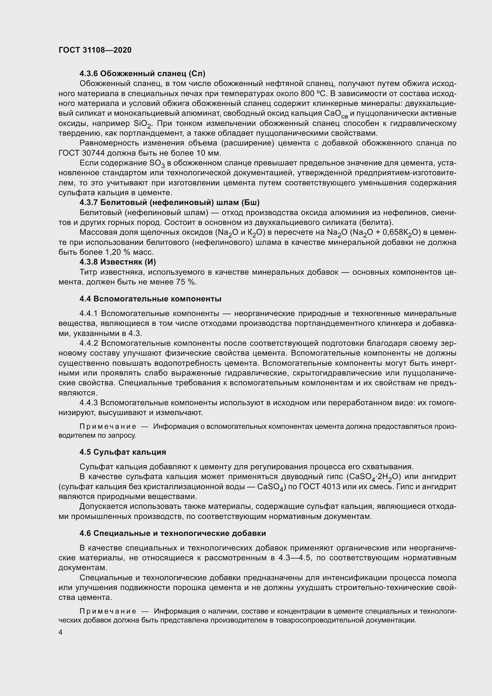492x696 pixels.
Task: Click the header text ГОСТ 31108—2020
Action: coord(95,50)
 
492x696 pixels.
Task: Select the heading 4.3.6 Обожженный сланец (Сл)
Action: coord(142,74)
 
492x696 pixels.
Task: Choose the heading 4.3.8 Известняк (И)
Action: coord(117,262)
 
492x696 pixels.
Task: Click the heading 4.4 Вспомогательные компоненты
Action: coord(150,299)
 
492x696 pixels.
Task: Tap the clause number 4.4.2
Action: coord(89,343)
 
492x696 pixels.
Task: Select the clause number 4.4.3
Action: coord(89,403)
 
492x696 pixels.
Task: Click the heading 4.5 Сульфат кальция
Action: coord(123,452)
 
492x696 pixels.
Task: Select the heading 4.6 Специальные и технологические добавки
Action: coord(173,533)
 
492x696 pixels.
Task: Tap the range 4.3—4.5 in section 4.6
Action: coord(298,558)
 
